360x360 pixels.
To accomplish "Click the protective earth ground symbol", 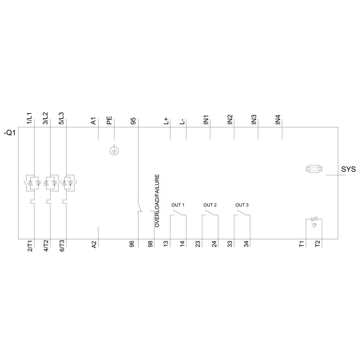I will click(114, 151).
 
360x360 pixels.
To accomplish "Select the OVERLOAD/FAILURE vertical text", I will click(157, 201).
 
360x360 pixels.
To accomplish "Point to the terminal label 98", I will click(150, 244).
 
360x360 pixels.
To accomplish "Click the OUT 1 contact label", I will click(178, 205).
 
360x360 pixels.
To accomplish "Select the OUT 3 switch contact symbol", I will click(242, 215).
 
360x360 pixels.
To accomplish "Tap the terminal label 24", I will click(214, 244).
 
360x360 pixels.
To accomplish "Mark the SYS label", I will click(348, 169).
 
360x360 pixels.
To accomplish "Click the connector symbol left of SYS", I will click(314, 168).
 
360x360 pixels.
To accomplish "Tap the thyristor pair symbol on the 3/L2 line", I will click(50, 183).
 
